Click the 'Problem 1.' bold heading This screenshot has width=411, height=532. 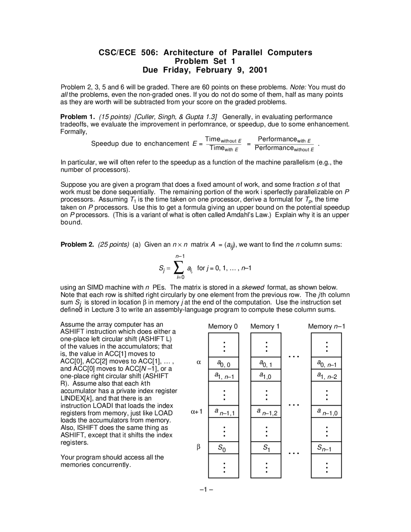click(x=76, y=117)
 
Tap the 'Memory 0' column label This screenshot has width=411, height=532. click(x=223, y=327)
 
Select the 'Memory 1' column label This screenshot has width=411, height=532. click(x=265, y=327)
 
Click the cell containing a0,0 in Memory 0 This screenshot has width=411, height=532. click(x=223, y=363)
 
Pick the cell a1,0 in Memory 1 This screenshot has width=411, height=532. click(x=266, y=375)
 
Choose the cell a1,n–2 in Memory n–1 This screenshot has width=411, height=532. click(x=326, y=375)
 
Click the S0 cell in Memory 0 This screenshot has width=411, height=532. click(x=223, y=448)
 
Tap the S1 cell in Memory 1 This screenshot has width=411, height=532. click(x=266, y=448)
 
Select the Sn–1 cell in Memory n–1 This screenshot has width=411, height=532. click(x=326, y=448)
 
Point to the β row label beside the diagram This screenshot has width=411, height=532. click(x=198, y=447)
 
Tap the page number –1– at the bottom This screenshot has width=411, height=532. click(x=206, y=490)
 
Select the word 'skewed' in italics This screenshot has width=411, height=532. click(x=253, y=288)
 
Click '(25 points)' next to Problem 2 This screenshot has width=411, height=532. click(x=114, y=245)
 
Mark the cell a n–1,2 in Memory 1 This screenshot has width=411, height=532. click(x=266, y=412)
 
